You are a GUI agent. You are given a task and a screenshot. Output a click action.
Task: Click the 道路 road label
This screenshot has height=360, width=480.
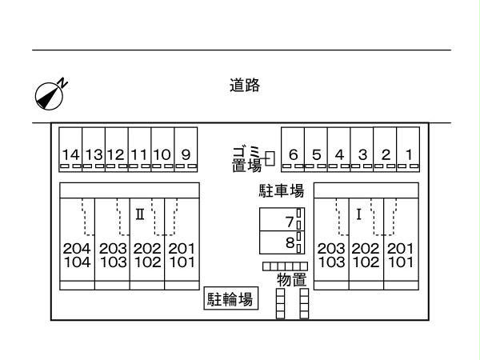244,86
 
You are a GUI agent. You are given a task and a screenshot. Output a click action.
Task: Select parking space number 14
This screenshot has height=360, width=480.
70,154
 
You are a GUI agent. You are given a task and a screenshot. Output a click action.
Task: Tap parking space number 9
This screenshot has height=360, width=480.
186,154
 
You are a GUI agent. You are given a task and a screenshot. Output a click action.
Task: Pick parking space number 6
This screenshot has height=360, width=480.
294,154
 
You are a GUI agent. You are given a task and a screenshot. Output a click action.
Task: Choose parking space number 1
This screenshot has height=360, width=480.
408,154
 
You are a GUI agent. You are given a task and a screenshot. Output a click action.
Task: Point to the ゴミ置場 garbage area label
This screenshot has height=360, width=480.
246,159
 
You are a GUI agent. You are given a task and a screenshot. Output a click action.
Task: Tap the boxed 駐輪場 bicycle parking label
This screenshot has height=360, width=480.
230,300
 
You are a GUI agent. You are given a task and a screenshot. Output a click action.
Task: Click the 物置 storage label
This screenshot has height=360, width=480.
291,279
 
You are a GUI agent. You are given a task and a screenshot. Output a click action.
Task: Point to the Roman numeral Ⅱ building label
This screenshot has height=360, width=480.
139,214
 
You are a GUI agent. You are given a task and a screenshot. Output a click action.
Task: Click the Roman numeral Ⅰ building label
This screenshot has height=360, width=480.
359,214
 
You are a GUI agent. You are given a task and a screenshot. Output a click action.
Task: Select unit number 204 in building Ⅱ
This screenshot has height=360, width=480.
77,249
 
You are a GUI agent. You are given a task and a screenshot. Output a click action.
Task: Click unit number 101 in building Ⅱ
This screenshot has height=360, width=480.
182,262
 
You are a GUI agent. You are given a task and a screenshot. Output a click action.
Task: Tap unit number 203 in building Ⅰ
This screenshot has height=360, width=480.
331,249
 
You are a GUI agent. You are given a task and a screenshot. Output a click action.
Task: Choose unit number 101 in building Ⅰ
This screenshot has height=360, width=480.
400,262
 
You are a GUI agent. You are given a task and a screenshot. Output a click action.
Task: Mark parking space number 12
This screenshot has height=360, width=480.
116,154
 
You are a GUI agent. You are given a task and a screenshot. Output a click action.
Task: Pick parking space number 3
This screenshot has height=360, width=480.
362,154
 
